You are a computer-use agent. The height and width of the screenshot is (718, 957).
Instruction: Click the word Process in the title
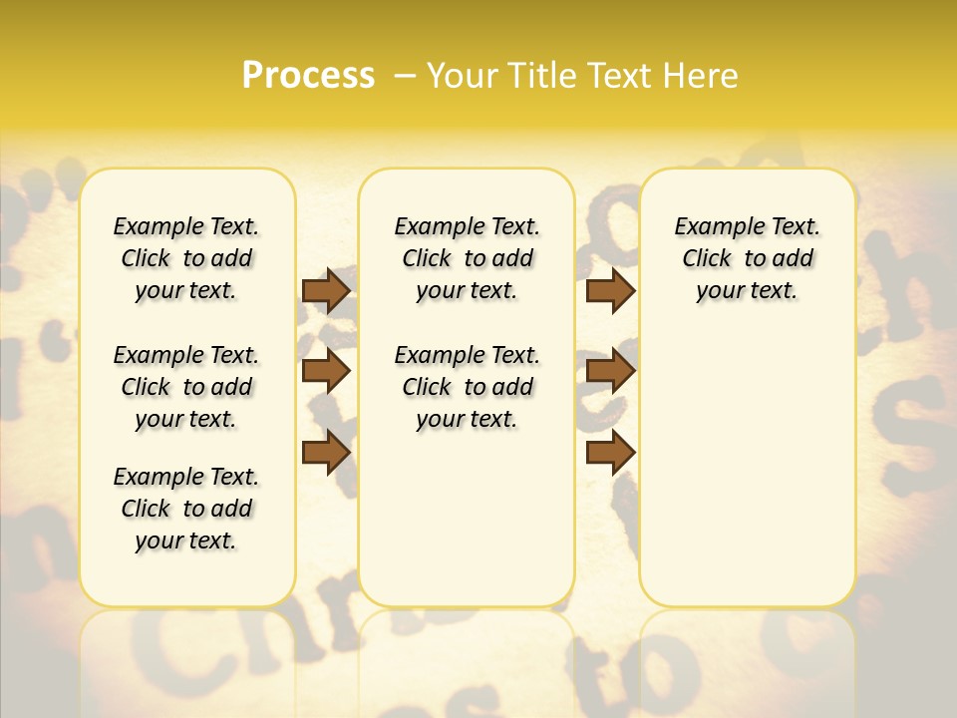(x=308, y=75)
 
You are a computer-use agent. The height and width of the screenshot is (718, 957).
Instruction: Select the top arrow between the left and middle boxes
(x=325, y=290)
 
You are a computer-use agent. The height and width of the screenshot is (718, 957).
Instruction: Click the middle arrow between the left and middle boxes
(x=325, y=371)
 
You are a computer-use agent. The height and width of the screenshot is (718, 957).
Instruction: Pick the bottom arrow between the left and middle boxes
(x=325, y=453)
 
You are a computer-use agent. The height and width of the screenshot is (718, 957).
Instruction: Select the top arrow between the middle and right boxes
(x=610, y=290)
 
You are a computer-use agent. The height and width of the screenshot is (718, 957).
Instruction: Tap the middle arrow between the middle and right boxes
(x=610, y=371)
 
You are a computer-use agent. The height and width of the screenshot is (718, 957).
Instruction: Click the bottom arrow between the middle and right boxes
(x=610, y=453)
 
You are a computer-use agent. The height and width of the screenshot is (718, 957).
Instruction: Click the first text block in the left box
(x=186, y=258)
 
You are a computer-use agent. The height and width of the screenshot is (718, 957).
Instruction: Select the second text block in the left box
(x=186, y=387)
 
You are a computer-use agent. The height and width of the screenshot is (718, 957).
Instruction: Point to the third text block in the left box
(x=186, y=509)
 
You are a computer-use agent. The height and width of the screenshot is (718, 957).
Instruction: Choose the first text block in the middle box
(x=467, y=258)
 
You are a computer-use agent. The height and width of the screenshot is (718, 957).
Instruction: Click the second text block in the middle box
(x=467, y=387)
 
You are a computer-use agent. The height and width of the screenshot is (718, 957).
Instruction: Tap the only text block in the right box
(x=748, y=258)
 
